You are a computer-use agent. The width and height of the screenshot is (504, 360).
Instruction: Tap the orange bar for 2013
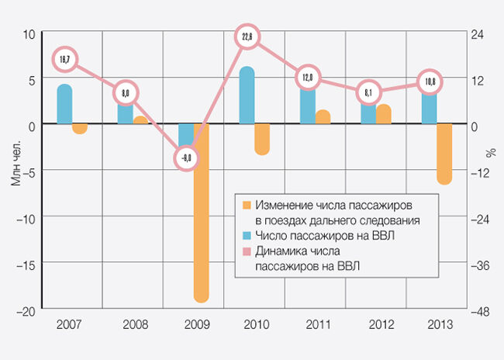pos(444,154)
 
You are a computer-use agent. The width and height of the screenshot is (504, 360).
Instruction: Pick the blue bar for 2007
pos(64,104)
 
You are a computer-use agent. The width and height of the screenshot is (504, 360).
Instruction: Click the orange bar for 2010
pos(262,139)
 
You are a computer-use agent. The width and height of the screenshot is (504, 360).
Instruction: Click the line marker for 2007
pos(64,59)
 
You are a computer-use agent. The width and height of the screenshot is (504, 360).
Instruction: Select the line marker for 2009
pos(187,157)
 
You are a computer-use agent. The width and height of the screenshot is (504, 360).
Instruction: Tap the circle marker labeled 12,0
pos(308,78)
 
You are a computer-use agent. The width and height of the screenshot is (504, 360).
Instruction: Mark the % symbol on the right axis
pos(491,152)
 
